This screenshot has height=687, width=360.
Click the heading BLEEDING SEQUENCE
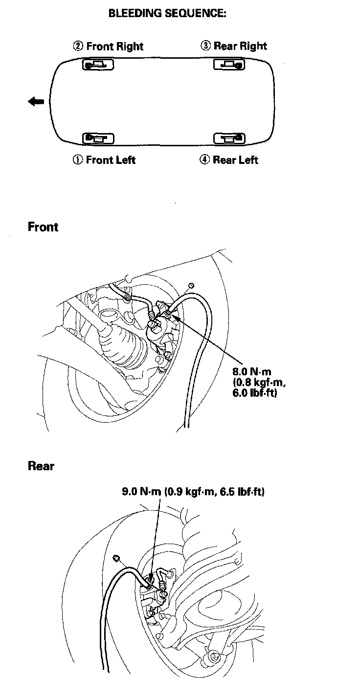coord(167,14)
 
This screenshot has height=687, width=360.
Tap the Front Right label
coord(114,46)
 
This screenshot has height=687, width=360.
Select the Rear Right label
coord(240,46)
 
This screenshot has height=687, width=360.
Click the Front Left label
coord(111,160)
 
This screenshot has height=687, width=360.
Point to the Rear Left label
coord(235,160)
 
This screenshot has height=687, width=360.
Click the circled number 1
coord(78,160)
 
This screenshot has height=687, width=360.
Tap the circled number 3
coord(206,46)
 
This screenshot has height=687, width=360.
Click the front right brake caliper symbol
coord(98,64)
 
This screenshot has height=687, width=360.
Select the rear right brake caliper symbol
coord(229,64)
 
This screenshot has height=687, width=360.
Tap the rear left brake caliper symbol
coord(229,138)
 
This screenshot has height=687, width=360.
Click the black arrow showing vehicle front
coord(36,101)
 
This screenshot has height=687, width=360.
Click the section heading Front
coord(43,227)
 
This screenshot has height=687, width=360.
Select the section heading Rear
coord(41,466)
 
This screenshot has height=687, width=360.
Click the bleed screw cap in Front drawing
coord(191,286)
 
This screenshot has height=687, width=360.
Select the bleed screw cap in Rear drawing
coord(116,558)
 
